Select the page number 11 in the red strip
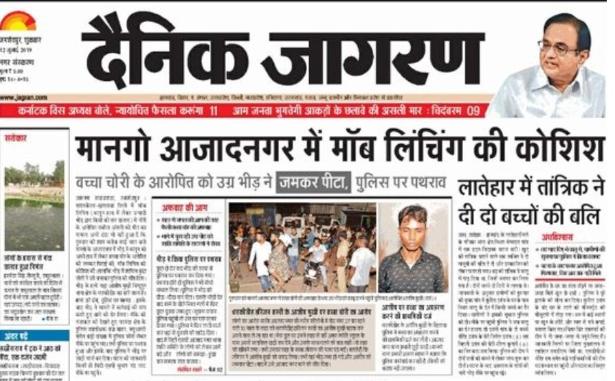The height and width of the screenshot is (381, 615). pyautogui.click(x=214, y=110)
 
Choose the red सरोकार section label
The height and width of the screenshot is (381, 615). pyautogui.click(x=18, y=137)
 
